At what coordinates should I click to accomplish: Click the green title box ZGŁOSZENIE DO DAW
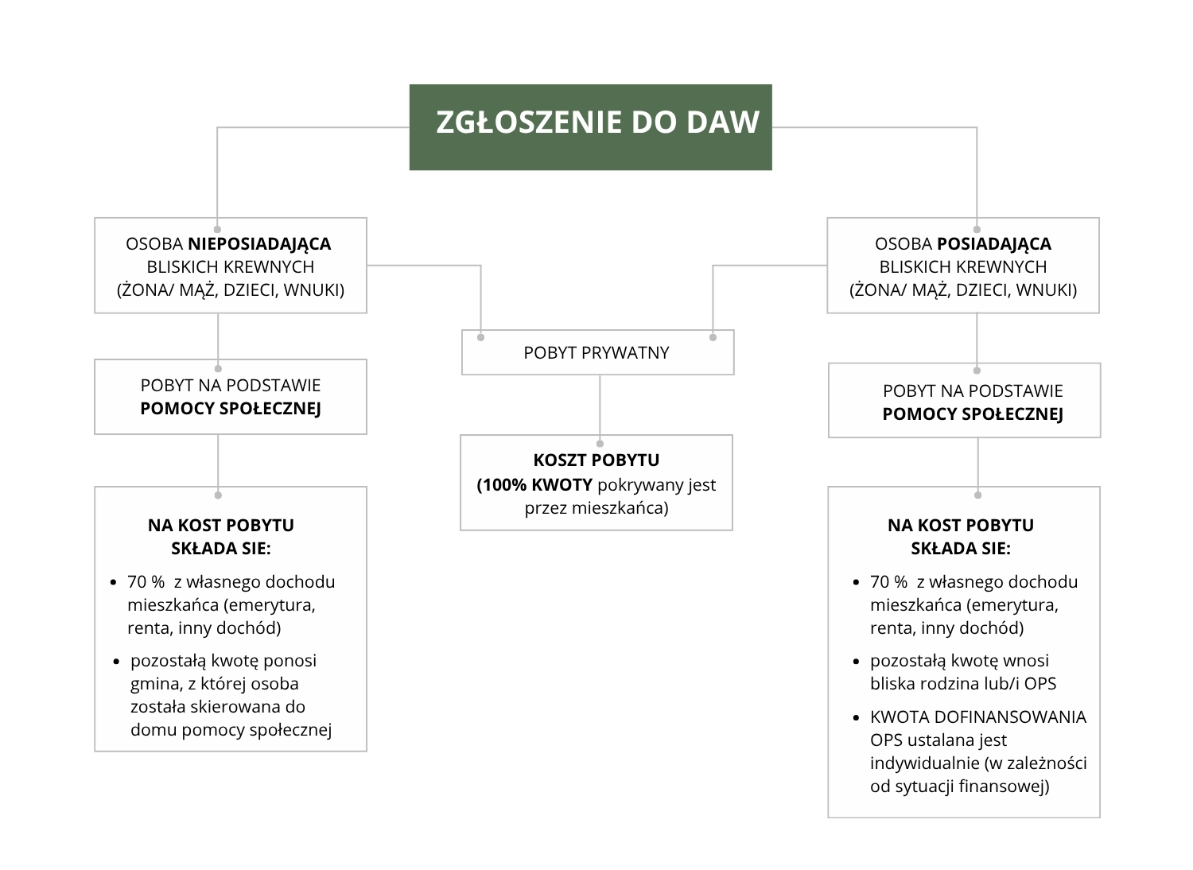point(590,126)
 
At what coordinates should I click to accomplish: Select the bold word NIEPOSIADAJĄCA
point(259,243)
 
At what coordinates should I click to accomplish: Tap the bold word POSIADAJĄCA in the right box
point(994,243)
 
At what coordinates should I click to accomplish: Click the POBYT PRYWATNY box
point(596,352)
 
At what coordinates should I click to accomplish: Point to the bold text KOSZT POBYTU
point(596,460)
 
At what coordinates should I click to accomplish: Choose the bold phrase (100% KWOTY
point(534,484)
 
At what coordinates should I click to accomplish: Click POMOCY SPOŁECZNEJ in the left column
point(231,409)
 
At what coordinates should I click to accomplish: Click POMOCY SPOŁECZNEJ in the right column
point(972,414)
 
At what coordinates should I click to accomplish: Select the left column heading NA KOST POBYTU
point(221,525)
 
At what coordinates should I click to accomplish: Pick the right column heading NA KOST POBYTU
point(961,525)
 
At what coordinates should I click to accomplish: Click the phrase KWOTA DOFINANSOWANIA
point(978,717)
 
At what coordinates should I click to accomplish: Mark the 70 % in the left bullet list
point(146,581)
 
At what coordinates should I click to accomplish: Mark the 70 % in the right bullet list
point(888,581)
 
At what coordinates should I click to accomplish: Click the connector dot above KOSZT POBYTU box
point(600,444)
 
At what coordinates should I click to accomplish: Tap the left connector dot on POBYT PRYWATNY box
point(480,337)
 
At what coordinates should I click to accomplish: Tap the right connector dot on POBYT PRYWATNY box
point(713,337)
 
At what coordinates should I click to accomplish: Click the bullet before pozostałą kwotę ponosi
point(116,662)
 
